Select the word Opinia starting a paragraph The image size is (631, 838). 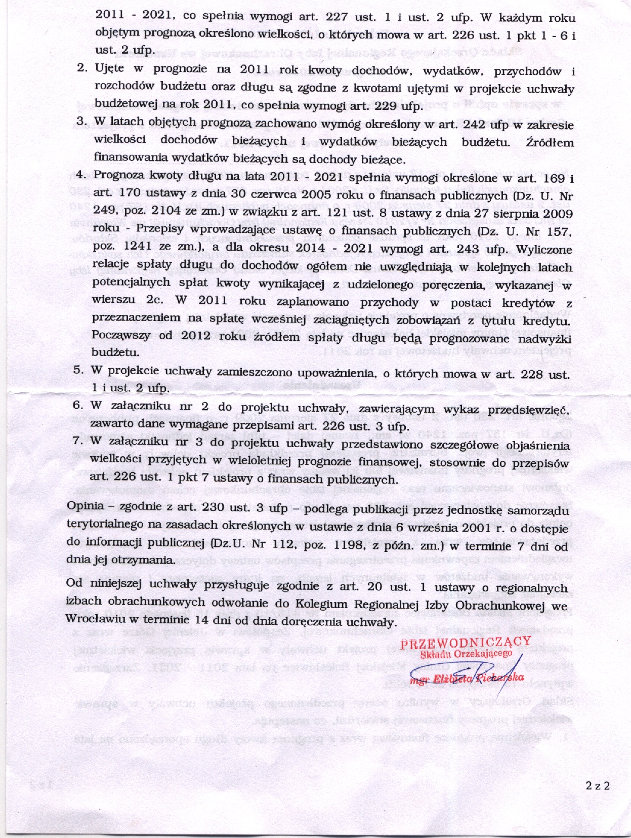(x=86, y=506)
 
